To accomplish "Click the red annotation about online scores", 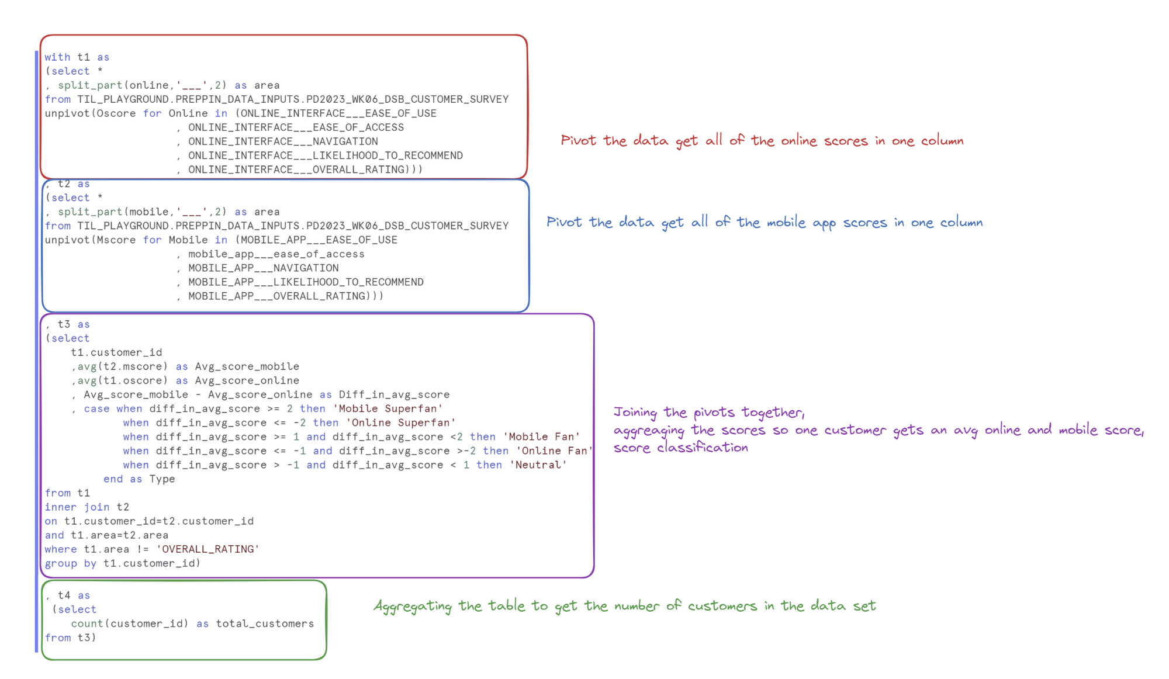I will click(762, 141).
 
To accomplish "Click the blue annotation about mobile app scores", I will click(764, 223).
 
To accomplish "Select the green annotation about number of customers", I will click(624, 606).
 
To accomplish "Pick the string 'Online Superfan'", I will click(400, 423).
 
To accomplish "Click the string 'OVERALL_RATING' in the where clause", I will click(207, 549).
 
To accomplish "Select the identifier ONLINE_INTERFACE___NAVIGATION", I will click(283, 141).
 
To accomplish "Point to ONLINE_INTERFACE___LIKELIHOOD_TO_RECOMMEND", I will click(325, 155).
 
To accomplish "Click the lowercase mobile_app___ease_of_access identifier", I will click(276, 254).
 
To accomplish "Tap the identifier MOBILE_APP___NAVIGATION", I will click(263, 268).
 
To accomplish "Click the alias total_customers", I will click(265, 623).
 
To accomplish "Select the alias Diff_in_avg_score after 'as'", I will click(394, 395).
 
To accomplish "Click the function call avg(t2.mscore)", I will click(123, 367).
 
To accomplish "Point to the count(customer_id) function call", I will click(130, 623).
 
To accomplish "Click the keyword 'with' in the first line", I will click(57, 57).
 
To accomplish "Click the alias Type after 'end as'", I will click(162, 479).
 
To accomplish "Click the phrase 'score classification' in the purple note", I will click(680, 448).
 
